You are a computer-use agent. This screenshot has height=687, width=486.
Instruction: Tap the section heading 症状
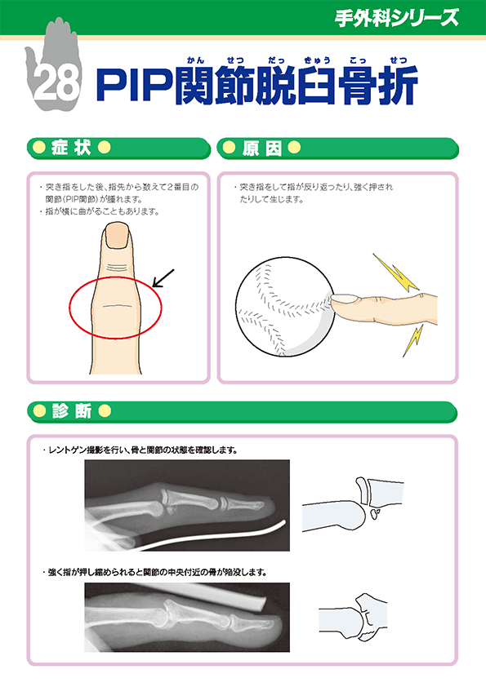[70, 148]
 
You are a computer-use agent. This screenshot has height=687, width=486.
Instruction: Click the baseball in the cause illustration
[283, 306]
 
